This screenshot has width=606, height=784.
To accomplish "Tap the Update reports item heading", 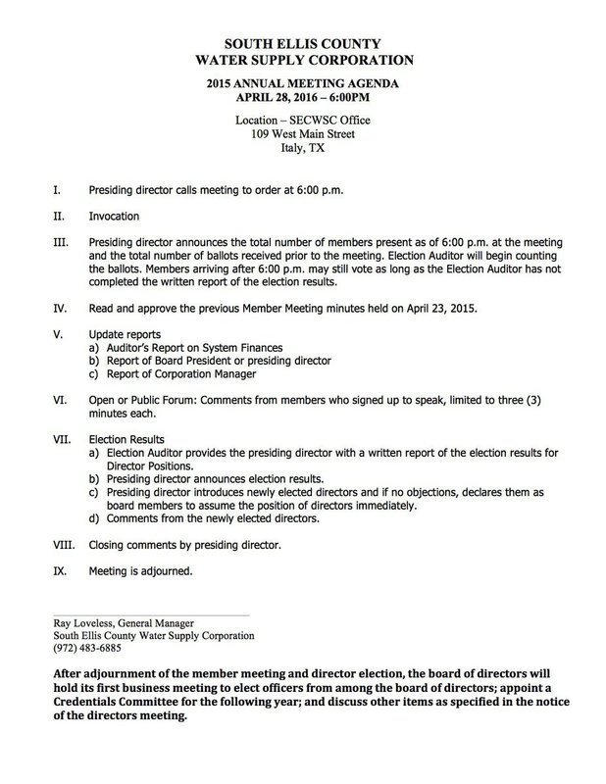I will click(x=126, y=333).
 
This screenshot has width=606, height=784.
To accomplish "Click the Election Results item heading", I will click(x=126, y=439).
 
